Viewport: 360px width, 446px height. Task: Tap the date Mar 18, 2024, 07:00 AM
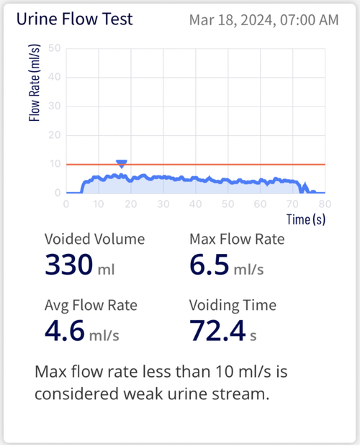coord(264,21)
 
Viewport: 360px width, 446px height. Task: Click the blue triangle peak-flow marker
coord(122,164)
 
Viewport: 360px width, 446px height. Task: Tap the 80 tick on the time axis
coord(325,204)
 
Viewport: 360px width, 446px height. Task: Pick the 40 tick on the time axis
coord(196,204)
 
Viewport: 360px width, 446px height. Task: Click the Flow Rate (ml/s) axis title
coord(35,92)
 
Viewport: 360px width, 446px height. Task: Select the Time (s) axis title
coord(306,219)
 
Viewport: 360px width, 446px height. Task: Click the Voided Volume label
coord(94,240)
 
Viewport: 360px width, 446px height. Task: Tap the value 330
coord(68,266)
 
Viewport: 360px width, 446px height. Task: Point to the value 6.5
coord(209,266)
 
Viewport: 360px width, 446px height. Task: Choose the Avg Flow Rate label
coord(91,306)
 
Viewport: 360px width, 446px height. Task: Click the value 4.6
coord(64,331)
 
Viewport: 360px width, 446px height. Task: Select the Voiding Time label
coord(233,306)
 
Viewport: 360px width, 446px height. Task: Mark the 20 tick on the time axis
coord(131,204)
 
